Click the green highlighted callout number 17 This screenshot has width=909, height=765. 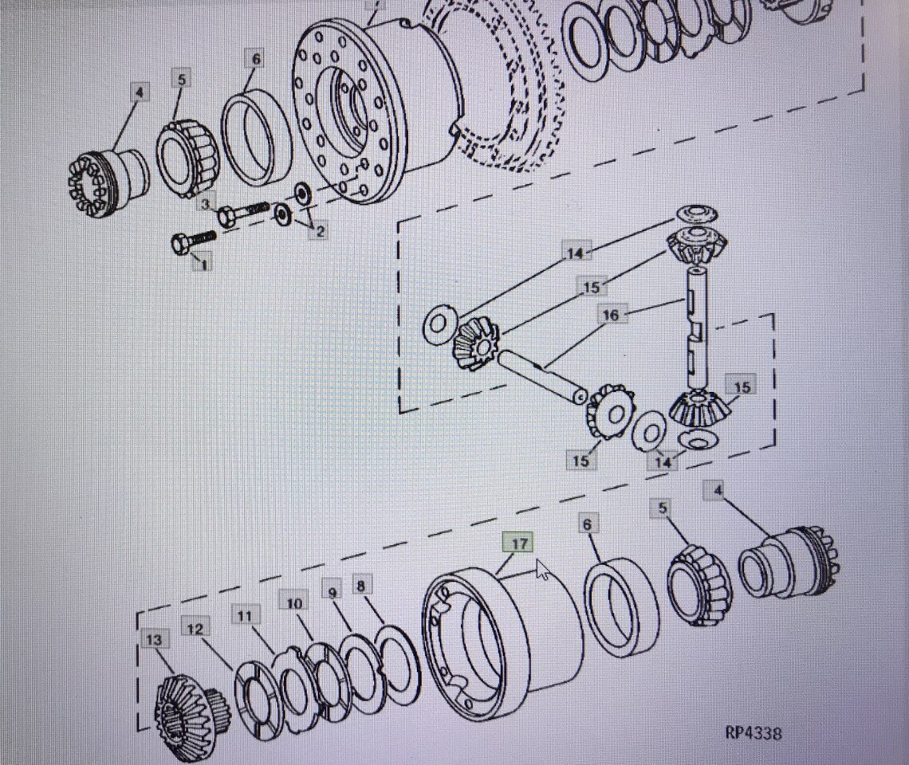coord(519,543)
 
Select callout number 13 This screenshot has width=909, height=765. coord(154,641)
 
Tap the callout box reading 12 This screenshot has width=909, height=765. coord(195,628)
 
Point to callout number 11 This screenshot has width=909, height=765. coord(245,616)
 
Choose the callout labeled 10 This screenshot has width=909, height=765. coord(294,603)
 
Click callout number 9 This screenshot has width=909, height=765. coord(333,592)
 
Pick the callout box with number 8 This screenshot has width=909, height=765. coord(361,586)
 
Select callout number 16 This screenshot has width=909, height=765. coord(611,316)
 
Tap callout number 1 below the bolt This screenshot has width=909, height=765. coord(203,265)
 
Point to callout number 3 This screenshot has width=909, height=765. coord(205,204)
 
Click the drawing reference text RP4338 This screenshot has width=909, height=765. coord(753,733)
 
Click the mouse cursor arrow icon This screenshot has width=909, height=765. coord(543,570)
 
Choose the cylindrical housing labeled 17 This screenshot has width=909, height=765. coord(502,642)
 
